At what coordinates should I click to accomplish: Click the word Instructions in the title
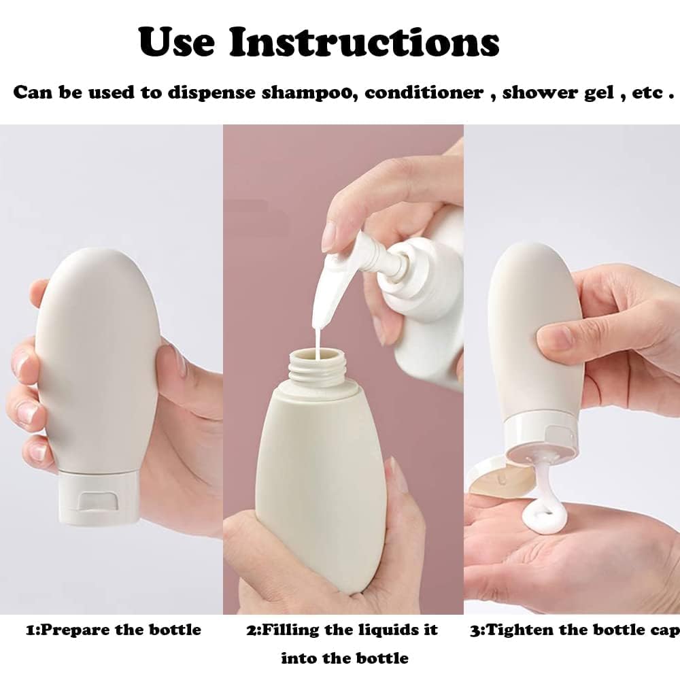(x=364, y=42)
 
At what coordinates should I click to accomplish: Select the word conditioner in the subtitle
(x=424, y=92)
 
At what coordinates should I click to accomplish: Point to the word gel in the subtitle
(x=599, y=92)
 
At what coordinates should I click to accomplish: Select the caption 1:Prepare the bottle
(x=114, y=630)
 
